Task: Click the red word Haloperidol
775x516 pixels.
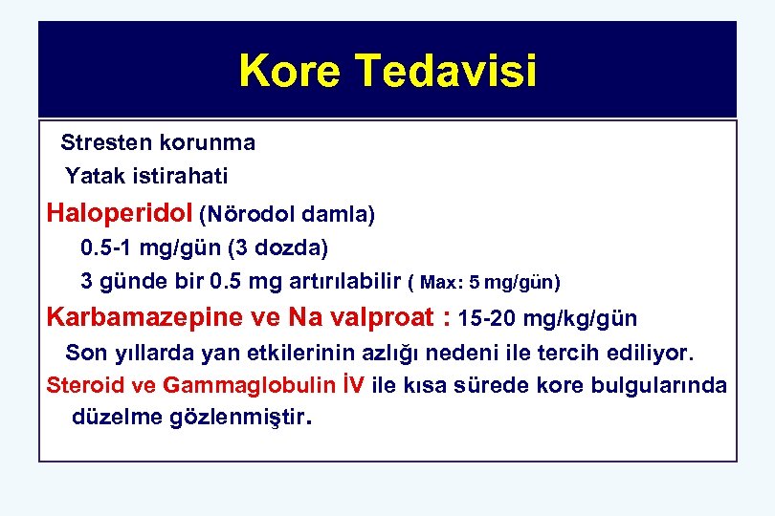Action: [x=121, y=212]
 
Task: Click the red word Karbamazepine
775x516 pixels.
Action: [x=139, y=316]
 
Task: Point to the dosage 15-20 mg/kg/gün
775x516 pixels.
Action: [x=548, y=317]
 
